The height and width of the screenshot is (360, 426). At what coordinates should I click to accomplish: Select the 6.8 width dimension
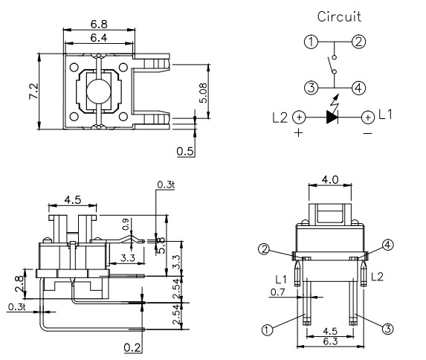[x=98, y=25]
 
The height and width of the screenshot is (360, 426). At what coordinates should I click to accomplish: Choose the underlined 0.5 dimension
[x=185, y=152]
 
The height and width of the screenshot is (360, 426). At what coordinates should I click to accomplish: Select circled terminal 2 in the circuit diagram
[x=358, y=42]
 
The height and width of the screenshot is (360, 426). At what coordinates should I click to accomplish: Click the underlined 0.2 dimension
[x=133, y=346]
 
